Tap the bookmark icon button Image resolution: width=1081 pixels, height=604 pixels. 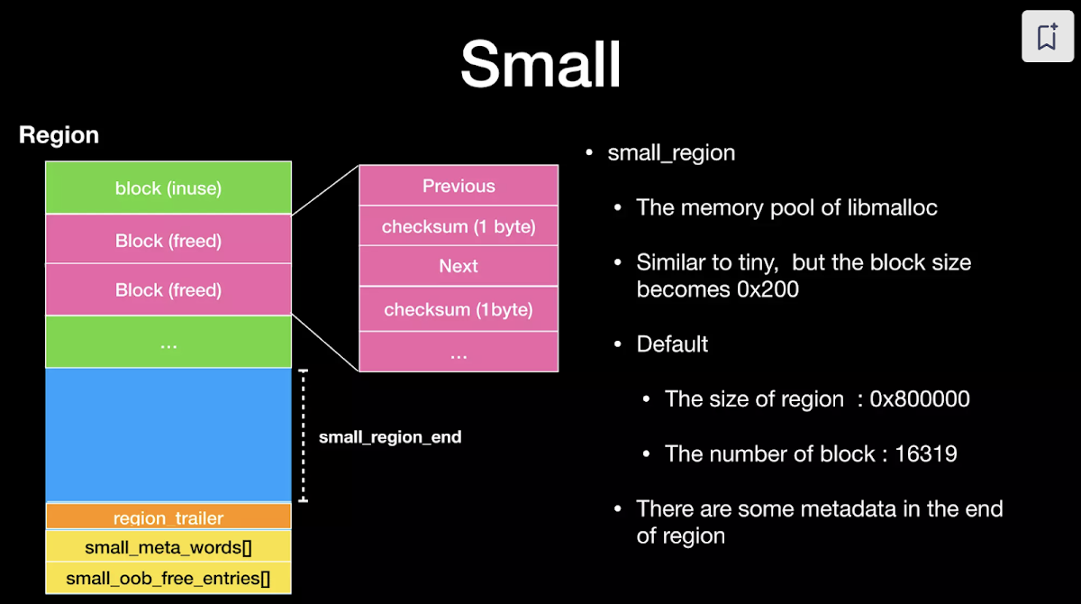point(1047,37)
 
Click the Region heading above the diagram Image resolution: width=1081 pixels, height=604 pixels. point(59,136)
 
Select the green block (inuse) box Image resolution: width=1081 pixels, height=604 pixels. point(168,188)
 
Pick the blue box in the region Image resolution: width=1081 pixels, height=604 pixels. point(168,434)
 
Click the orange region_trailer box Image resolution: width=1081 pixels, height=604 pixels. point(168,517)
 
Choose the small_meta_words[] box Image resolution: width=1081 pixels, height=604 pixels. point(168,547)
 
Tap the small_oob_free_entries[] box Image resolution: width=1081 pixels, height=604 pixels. point(168,577)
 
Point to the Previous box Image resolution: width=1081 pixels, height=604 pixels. point(459,186)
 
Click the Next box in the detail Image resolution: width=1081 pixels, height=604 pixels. point(459,266)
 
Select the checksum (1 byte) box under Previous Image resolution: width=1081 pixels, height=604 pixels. point(459,226)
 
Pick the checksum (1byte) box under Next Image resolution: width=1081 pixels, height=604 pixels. point(459,310)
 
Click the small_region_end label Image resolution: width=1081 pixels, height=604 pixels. point(390,437)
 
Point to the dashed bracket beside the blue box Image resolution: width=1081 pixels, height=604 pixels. point(304,434)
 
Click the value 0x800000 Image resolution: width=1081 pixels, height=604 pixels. point(920,398)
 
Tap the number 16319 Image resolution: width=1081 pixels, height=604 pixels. point(926,453)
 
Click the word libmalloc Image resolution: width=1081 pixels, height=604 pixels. point(893,207)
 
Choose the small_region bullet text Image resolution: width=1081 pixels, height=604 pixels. point(671,153)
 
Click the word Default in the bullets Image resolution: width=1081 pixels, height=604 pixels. point(672,344)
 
